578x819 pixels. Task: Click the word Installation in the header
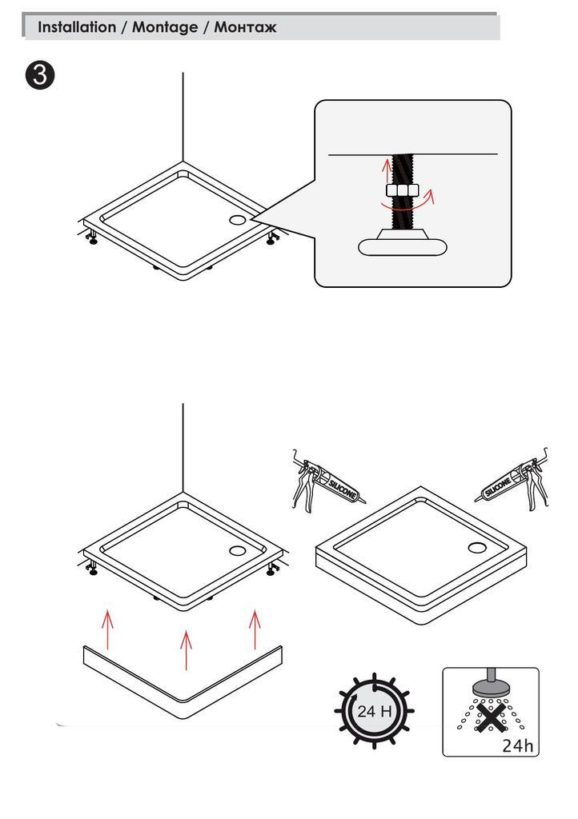pos(77,27)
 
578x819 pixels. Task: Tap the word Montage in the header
pos(164,27)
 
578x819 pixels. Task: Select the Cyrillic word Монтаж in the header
pos(245,27)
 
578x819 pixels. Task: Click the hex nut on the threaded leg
pos(402,191)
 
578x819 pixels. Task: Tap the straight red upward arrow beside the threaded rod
pos(386,170)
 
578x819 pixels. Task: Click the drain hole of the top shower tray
pos(239,218)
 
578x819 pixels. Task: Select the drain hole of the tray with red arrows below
pos(239,549)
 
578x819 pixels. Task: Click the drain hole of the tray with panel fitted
pos(476,547)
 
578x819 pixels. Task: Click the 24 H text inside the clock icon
pos(373,710)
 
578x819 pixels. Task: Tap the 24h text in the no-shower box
pos(517,745)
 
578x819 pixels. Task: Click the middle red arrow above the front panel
pos(186,650)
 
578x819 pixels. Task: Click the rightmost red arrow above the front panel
pos(255,629)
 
